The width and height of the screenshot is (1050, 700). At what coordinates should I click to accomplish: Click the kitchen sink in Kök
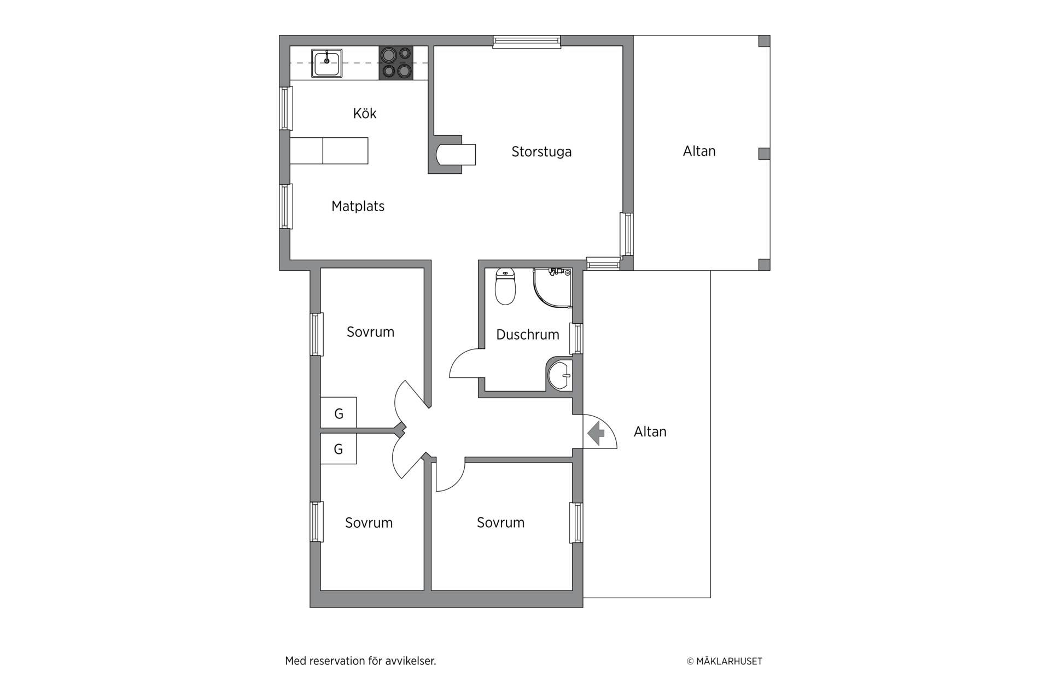[x=327, y=63]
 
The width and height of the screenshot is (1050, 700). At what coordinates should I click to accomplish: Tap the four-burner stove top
[x=396, y=63]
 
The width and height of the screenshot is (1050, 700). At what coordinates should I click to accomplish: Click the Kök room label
[x=365, y=113]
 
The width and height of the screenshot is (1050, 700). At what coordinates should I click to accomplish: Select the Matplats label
[x=358, y=206]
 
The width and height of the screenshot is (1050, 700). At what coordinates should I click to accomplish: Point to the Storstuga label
[x=541, y=151]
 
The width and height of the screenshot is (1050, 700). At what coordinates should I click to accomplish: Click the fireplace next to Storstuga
[x=452, y=154]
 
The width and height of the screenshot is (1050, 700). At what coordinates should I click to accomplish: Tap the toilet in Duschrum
[x=505, y=287]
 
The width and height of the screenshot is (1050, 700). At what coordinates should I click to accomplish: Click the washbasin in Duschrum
[x=559, y=375]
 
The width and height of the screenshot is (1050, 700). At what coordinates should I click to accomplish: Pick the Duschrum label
[x=528, y=335]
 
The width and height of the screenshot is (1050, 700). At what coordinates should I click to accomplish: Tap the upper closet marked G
[x=339, y=412]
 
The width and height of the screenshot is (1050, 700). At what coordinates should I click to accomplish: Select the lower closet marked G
[x=339, y=449]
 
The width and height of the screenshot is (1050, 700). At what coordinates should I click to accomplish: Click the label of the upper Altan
[x=699, y=151]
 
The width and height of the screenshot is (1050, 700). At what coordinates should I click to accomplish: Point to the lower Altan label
[x=650, y=431]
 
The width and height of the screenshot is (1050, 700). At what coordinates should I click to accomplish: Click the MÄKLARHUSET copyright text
[x=725, y=661]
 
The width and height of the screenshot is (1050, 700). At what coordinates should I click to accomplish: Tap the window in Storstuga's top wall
[x=527, y=42]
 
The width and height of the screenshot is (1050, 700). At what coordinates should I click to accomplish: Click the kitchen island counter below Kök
[x=329, y=151]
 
